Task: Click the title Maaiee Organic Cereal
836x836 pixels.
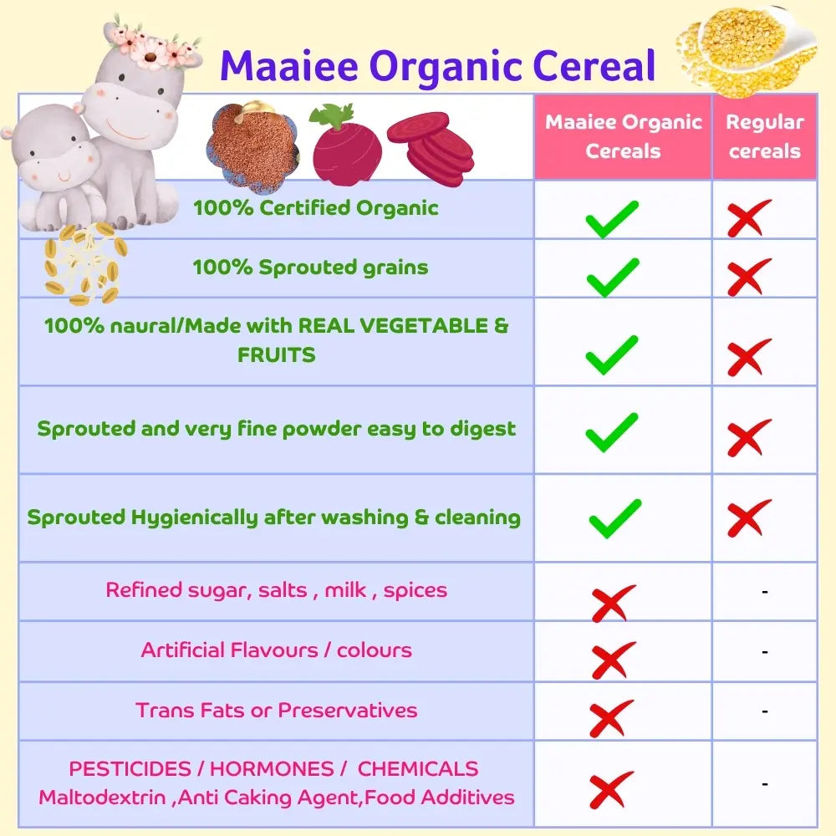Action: pos(437,66)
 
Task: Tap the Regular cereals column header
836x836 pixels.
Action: pos(764,136)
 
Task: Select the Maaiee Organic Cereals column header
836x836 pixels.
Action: pos(623,136)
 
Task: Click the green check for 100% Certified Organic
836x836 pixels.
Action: pos(612,219)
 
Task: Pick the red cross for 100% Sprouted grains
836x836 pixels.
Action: pos(748,278)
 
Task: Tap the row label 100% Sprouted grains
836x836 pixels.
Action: pos(310,268)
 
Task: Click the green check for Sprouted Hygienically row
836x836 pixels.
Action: pos(614,518)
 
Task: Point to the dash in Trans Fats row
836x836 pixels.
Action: pos(764,711)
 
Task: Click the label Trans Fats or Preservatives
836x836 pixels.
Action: pos(277,711)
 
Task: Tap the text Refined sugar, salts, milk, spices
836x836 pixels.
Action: pos(276,590)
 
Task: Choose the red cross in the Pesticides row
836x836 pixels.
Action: pos(610,791)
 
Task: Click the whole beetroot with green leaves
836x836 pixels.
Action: pos(346,143)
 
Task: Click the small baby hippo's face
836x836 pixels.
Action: pos(50,159)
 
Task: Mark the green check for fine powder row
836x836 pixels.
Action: pos(612,431)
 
